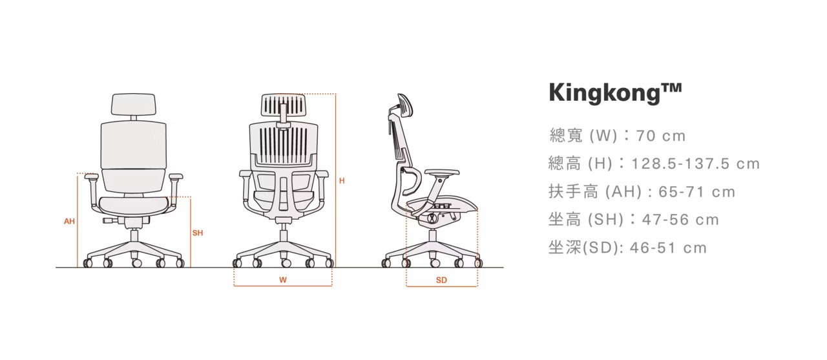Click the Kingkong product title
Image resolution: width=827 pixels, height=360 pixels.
[615, 92]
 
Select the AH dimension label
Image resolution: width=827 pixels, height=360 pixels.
[69, 221]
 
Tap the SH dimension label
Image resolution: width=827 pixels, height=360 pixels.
[198, 233]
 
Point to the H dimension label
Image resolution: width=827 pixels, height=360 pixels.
[342, 181]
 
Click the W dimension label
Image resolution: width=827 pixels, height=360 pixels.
[283, 280]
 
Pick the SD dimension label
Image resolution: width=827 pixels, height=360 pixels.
[441, 280]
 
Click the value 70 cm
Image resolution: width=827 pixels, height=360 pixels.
[661, 136]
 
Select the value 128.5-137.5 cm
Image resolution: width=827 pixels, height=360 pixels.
[696, 164]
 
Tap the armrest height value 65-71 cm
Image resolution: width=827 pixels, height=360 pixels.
[696, 192]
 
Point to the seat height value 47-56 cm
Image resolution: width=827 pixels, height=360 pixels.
[680, 220]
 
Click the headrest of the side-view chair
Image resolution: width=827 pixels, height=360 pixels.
[405, 105]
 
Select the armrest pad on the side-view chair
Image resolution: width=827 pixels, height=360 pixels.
[443, 173]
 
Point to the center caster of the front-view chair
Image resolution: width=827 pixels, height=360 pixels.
[136, 263]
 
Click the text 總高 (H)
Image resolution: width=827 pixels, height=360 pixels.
[581, 164]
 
